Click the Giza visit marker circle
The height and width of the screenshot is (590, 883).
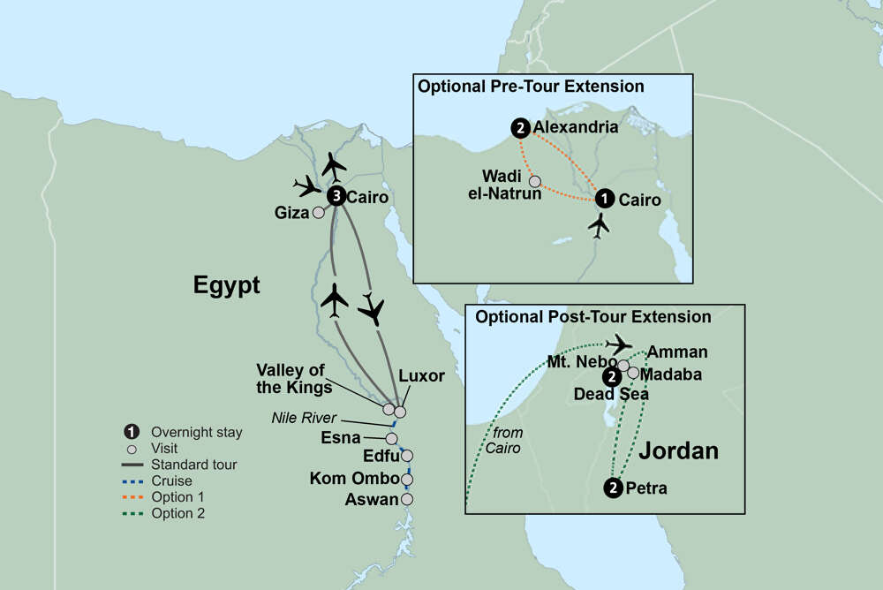click(318, 212)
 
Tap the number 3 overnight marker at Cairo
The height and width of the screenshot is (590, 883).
click(336, 196)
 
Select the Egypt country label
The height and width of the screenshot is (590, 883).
click(227, 284)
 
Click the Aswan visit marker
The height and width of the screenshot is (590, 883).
click(407, 499)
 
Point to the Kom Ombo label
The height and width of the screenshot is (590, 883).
click(352, 479)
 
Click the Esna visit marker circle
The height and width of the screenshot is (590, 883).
click(391, 438)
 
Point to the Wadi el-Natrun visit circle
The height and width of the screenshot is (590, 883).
click(533, 181)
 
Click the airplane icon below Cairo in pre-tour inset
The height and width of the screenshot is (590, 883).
click(600, 226)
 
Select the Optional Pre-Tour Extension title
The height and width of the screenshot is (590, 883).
click(531, 87)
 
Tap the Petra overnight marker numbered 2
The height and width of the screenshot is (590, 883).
click(613, 488)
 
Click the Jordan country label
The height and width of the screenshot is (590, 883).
click(677, 450)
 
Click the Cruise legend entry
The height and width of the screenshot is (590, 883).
click(172, 480)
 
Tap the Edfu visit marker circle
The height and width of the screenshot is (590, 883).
click(407, 457)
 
